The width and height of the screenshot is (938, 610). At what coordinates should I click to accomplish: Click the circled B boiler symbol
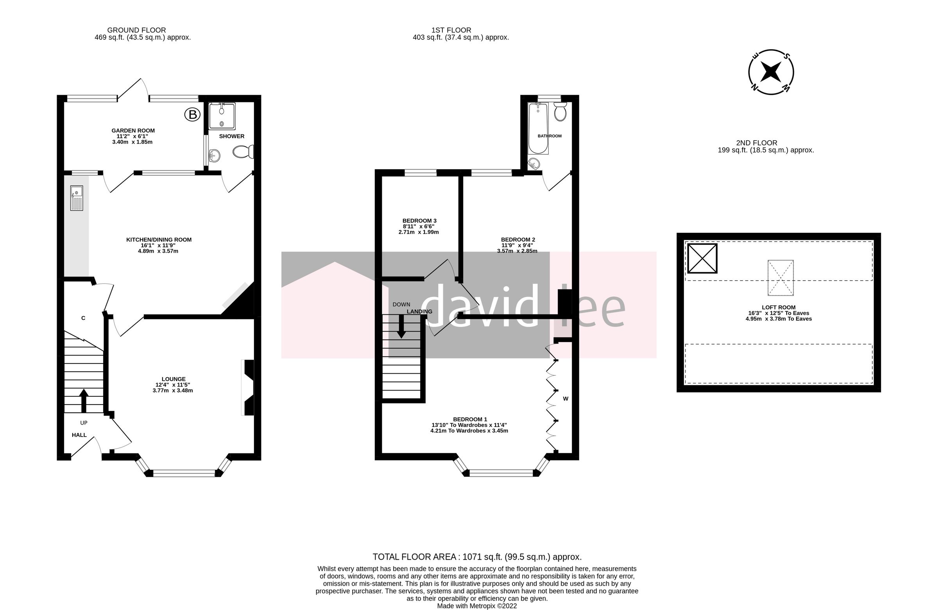point(192,114)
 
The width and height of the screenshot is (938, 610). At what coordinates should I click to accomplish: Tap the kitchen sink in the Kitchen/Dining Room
point(77,198)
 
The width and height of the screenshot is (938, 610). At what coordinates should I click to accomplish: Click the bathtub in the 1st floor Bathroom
point(538,128)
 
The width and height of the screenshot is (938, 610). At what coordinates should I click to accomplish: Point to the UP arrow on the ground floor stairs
point(84,400)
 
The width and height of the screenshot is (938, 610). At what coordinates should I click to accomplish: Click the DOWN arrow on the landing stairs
point(401,326)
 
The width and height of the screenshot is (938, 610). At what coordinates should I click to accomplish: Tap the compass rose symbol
point(770,72)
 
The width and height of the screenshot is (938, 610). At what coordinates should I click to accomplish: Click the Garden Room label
point(133,131)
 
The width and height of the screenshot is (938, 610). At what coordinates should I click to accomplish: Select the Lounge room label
point(173,379)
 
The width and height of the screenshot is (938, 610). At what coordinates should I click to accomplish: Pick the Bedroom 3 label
point(419,221)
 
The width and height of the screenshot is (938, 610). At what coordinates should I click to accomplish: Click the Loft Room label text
point(779,308)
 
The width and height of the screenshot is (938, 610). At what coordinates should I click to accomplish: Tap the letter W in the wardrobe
point(566,398)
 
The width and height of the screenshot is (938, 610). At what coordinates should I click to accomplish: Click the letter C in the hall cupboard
point(83,318)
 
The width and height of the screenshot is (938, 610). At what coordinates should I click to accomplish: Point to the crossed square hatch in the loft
point(702,259)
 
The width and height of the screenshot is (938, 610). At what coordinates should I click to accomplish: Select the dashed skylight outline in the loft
point(780,278)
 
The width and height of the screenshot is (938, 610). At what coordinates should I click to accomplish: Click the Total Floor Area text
point(477,557)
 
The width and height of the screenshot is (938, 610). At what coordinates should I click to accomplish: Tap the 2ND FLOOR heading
point(756,143)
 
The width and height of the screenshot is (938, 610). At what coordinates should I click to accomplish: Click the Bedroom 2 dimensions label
point(517,248)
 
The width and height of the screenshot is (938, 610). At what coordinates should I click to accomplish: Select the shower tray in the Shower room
point(222,116)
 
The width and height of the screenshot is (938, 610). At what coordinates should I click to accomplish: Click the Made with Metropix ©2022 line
point(476,606)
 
